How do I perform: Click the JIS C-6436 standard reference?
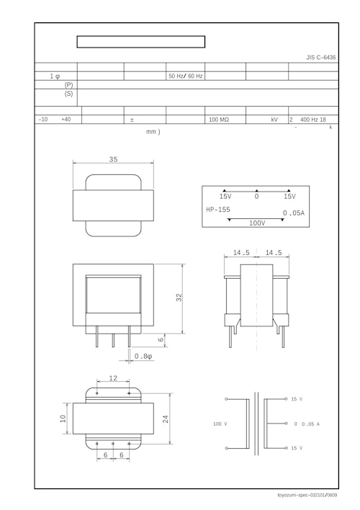click(x=320, y=57)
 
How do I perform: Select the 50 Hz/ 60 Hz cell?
click(x=185, y=76)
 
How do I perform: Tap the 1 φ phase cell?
click(x=55, y=76)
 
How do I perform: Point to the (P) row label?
click(x=68, y=84)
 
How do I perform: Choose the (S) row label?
click(x=68, y=94)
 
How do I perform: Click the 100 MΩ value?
click(x=219, y=120)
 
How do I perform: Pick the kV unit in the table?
click(x=274, y=120)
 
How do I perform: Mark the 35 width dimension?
click(x=113, y=159)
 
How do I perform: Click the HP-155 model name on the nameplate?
click(x=218, y=210)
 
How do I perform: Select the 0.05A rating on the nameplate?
click(x=293, y=213)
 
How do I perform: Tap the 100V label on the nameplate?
click(x=257, y=223)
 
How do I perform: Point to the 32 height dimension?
click(x=179, y=297)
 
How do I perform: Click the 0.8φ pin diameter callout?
click(x=143, y=356)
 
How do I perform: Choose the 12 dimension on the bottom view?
click(x=113, y=378)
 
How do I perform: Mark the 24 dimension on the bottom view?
click(x=166, y=419)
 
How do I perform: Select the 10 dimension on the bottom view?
click(x=63, y=419)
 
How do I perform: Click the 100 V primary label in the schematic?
click(x=220, y=424)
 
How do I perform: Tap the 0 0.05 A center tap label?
click(x=307, y=424)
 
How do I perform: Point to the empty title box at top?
click(x=141, y=42)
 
